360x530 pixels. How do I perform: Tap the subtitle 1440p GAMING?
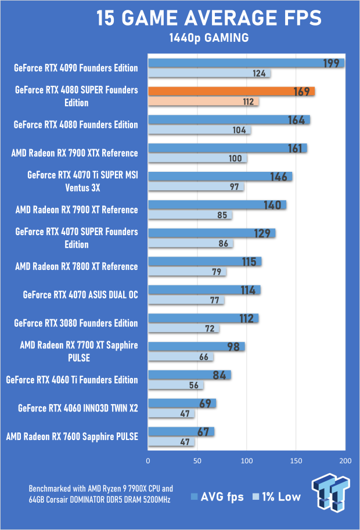(208, 38)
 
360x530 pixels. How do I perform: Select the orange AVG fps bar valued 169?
(231, 91)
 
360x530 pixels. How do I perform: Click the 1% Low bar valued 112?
(203, 102)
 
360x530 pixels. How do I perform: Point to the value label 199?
(331, 63)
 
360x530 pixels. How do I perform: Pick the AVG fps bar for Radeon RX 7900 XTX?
(228, 148)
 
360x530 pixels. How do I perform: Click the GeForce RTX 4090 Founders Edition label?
(76, 68)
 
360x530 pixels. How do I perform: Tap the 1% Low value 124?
(260, 74)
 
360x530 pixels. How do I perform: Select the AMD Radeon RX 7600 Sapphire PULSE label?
(72, 437)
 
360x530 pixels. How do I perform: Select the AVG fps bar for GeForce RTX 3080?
(203, 318)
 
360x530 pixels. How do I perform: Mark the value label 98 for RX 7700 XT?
(234, 347)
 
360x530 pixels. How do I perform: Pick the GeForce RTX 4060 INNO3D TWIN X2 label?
(78, 408)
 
